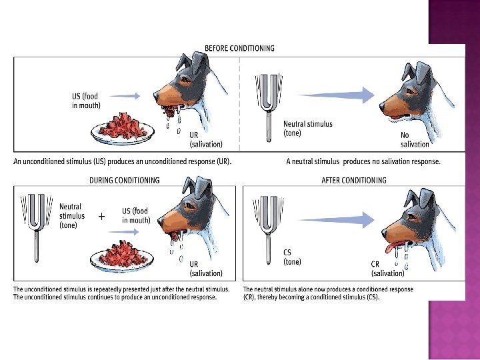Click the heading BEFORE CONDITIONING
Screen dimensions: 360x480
point(239,49)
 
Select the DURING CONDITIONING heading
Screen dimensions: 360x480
point(125,180)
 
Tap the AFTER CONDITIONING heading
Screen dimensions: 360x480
point(353,180)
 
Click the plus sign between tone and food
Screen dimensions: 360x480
point(101,217)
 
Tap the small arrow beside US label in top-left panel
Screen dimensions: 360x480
point(124,96)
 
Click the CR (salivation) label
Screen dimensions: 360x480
point(387,269)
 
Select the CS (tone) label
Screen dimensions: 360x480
point(292,257)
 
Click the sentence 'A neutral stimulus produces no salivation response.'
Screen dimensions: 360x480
point(363,162)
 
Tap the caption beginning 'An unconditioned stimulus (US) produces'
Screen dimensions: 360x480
point(123,162)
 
